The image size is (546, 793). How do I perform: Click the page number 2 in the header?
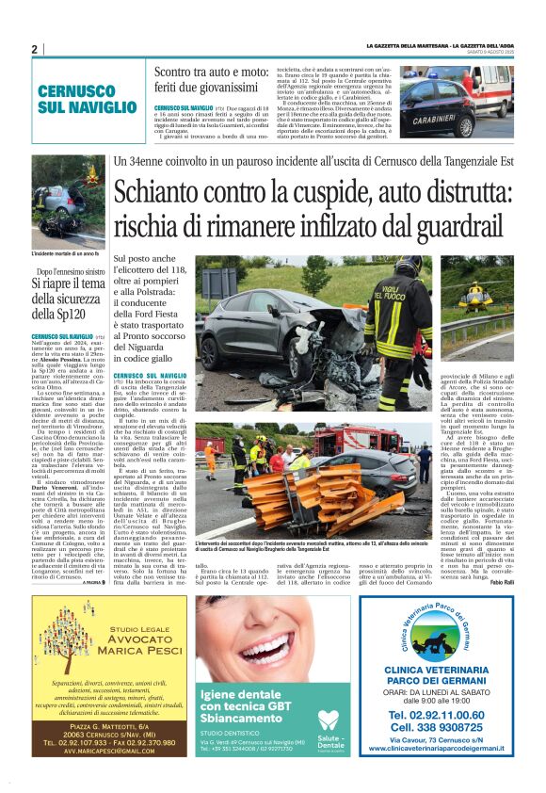click(x=34, y=49)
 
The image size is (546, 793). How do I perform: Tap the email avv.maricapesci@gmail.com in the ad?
click(x=97, y=751)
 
